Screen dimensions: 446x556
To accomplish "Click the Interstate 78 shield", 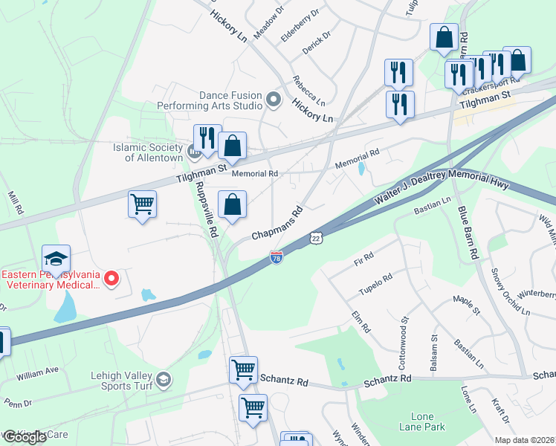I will click(x=277, y=257).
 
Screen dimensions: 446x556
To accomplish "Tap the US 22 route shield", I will click(x=316, y=237).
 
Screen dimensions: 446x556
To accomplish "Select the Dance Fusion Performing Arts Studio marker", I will click(x=274, y=99).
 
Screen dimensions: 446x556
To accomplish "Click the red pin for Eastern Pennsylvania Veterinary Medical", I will click(x=111, y=279).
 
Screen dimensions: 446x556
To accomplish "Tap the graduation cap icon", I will click(x=56, y=259).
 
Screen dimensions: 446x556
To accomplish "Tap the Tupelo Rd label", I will click(x=376, y=284).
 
